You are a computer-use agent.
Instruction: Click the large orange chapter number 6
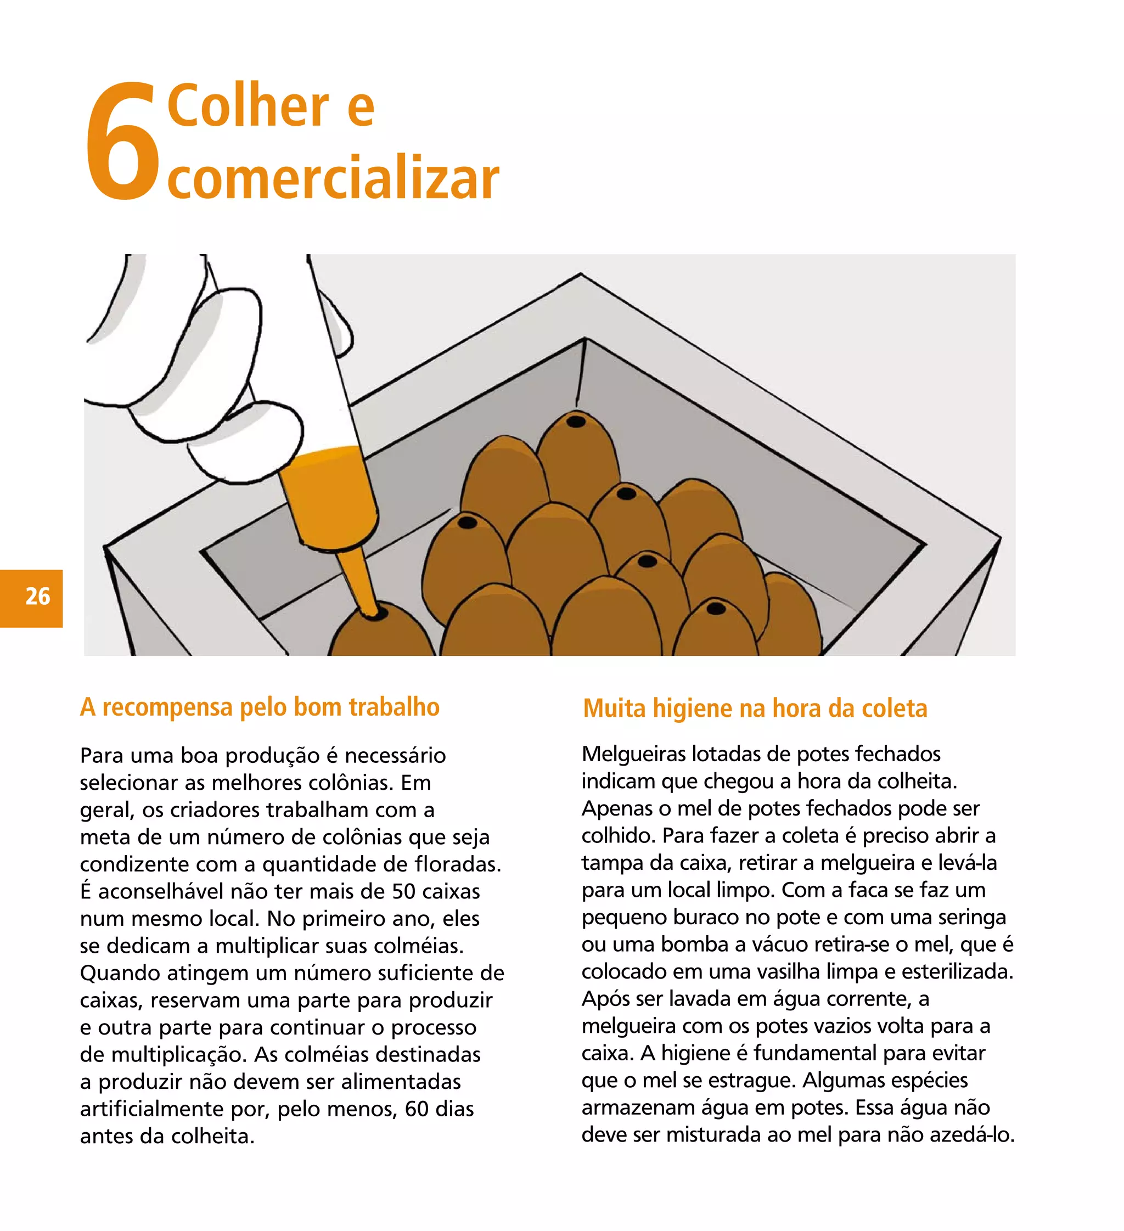(122, 142)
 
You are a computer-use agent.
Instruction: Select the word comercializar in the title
(333, 178)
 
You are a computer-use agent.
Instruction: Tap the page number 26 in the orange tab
(37, 597)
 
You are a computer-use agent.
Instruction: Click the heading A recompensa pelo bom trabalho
(260, 707)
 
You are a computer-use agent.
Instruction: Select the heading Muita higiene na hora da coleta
(755, 709)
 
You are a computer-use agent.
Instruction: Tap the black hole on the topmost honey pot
(575, 421)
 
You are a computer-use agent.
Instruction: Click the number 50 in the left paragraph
(403, 891)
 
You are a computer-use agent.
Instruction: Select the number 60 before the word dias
(417, 1109)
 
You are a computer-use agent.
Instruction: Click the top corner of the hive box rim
(581, 276)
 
